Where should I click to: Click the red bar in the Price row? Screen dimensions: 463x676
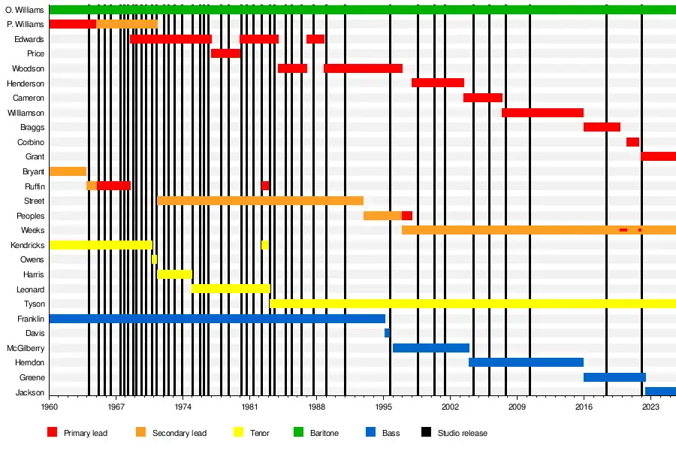pyautogui.click(x=225, y=53)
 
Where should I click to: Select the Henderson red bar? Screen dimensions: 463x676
pyautogui.click(x=437, y=83)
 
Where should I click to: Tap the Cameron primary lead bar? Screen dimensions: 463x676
pyautogui.click(x=482, y=98)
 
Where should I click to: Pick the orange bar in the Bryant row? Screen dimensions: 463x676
pyautogui.click(x=68, y=171)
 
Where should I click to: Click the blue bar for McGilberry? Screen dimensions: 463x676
pyautogui.click(x=430, y=348)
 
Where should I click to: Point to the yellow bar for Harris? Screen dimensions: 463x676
pyautogui.click(x=174, y=274)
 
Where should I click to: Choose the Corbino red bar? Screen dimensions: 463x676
pyautogui.click(x=632, y=142)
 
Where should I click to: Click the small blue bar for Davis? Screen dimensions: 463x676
pyautogui.click(x=387, y=333)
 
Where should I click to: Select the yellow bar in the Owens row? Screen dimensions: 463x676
pyautogui.click(x=154, y=259)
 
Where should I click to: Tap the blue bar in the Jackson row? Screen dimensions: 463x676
pyautogui.click(x=660, y=392)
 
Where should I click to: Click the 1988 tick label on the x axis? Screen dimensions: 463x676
pyautogui.click(x=317, y=407)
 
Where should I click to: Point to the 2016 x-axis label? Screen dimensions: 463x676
pyautogui.click(x=584, y=407)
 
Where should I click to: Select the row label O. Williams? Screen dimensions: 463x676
pyautogui.click(x=25, y=10)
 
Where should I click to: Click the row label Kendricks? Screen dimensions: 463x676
pyautogui.click(x=27, y=245)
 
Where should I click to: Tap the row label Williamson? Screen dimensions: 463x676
pyautogui.click(x=26, y=113)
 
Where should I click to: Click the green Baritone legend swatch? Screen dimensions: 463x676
pyautogui.click(x=299, y=433)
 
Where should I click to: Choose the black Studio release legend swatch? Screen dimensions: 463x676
pyautogui.click(x=426, y=433)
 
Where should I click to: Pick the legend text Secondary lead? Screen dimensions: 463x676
pyautogui.click(x=179, y=433)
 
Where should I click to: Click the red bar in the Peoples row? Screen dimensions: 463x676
pyautogui.click(x=406, y=216)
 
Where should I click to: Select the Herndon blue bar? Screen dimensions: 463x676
pyautogui.click(x=526, y=362)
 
